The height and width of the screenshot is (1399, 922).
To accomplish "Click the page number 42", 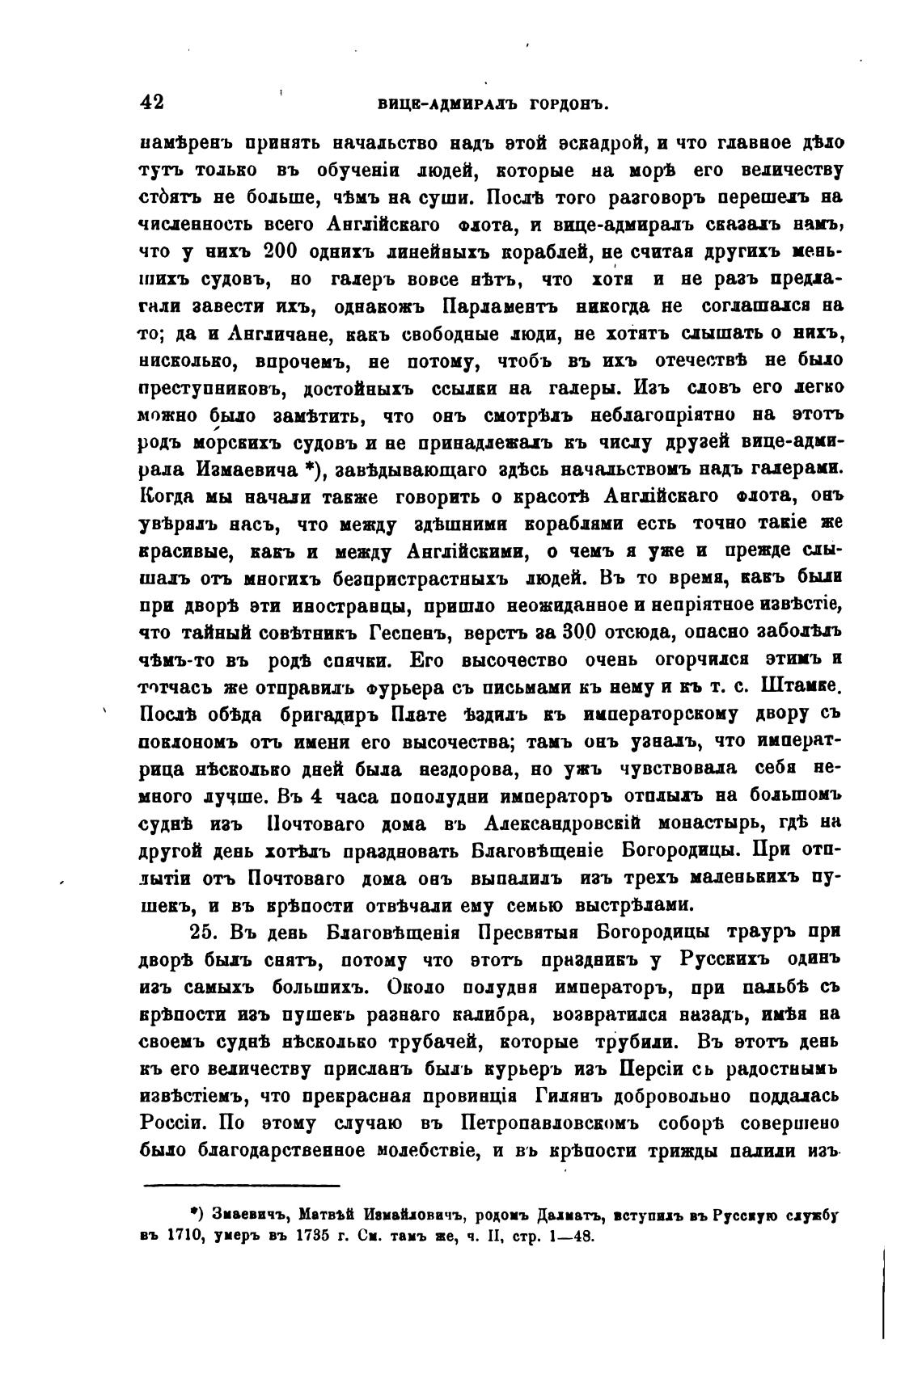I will tap(152, 103).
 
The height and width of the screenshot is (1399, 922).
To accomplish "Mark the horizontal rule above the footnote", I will tap(241, 1186).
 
